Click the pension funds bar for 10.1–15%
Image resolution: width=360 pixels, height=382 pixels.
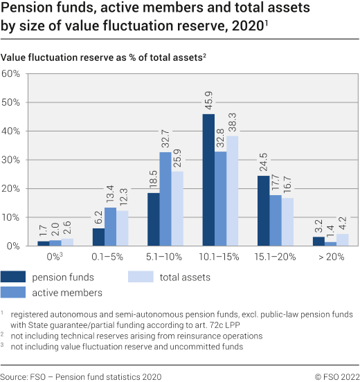coord(208,180)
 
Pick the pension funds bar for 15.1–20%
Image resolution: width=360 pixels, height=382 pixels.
coord(263,210)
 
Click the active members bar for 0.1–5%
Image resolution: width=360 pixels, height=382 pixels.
coord(110,226)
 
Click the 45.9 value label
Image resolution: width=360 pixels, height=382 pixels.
coord(208,99)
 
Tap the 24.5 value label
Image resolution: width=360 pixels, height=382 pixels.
coord(264,161)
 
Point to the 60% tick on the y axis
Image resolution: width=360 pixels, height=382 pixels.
coord(12,73)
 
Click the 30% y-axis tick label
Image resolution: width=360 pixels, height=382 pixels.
coord(12,160)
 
